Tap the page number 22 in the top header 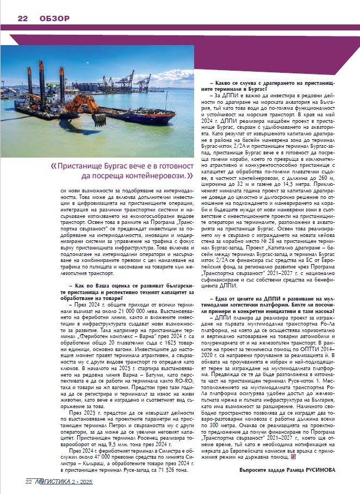(x=23, y=18)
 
